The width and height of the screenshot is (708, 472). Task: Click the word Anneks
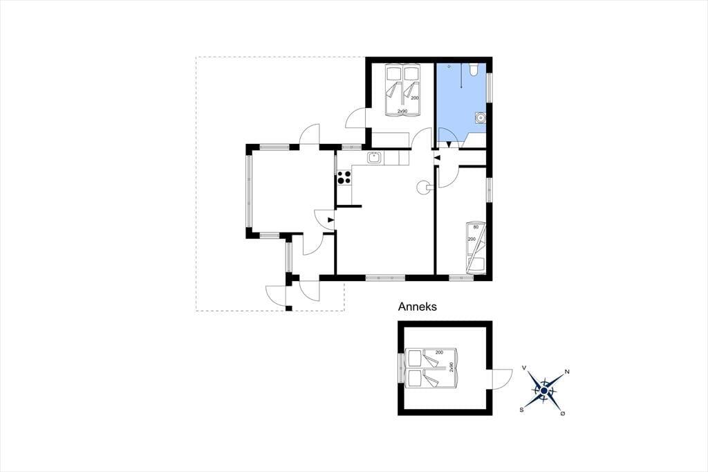[417, 307]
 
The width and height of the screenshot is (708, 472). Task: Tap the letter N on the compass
[567, 372]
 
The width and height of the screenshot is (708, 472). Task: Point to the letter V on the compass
[524, 368]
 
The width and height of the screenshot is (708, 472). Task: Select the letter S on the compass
[521, 410]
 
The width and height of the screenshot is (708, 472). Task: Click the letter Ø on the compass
[563, 413]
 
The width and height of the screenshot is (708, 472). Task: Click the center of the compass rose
[545, 390]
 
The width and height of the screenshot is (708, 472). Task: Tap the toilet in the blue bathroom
[474, 69]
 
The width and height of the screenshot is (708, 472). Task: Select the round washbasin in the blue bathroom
[480, 118]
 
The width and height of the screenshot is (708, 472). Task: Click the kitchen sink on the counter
[374, 158]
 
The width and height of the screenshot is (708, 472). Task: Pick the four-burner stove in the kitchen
[344, 177]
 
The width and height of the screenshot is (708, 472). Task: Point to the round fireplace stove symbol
[425, 187]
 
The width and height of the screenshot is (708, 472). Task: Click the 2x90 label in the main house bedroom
[402, 111]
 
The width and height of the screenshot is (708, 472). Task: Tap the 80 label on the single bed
[476, 228]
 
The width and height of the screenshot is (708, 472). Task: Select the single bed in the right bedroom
[476, 248]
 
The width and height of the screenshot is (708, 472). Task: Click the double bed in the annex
[431, 368]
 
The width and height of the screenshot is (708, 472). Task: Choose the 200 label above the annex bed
[439, 352]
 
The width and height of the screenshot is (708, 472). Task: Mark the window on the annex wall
[400, 367]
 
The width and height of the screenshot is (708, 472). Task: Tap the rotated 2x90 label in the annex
[451, 367]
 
